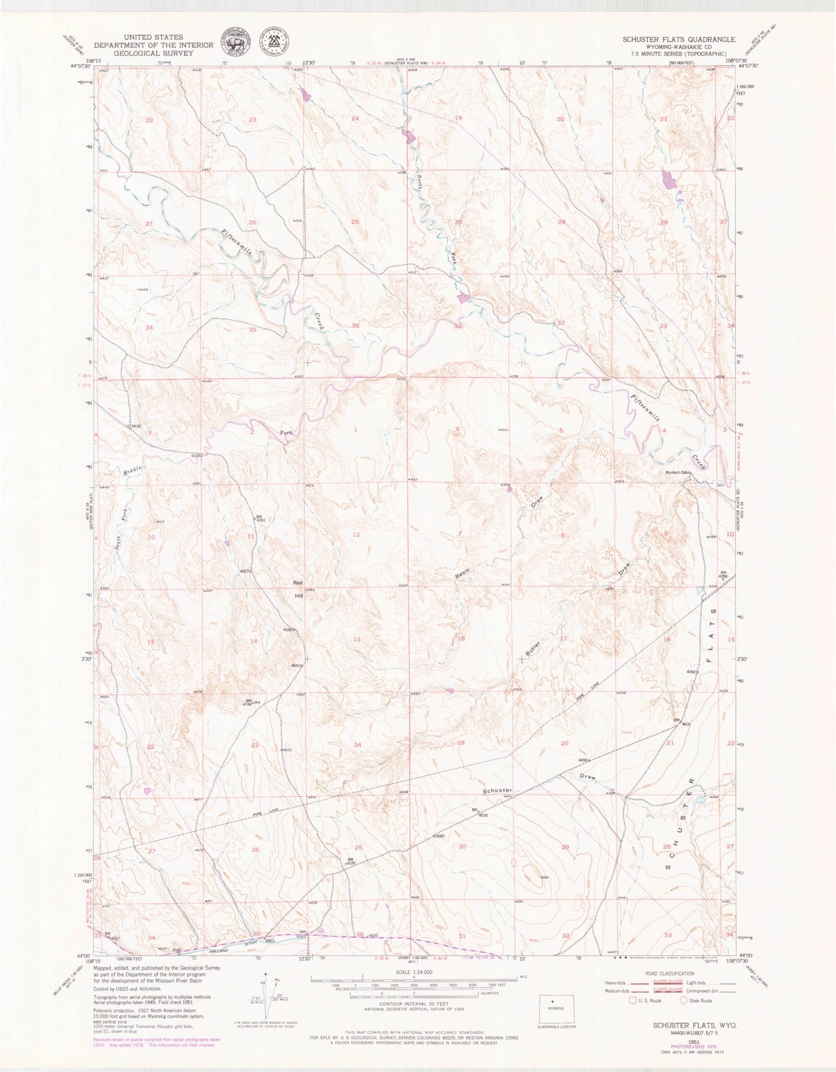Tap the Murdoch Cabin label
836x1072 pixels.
click(x=679, y=472)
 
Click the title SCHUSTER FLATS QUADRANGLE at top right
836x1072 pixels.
click(x=679, y=39)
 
